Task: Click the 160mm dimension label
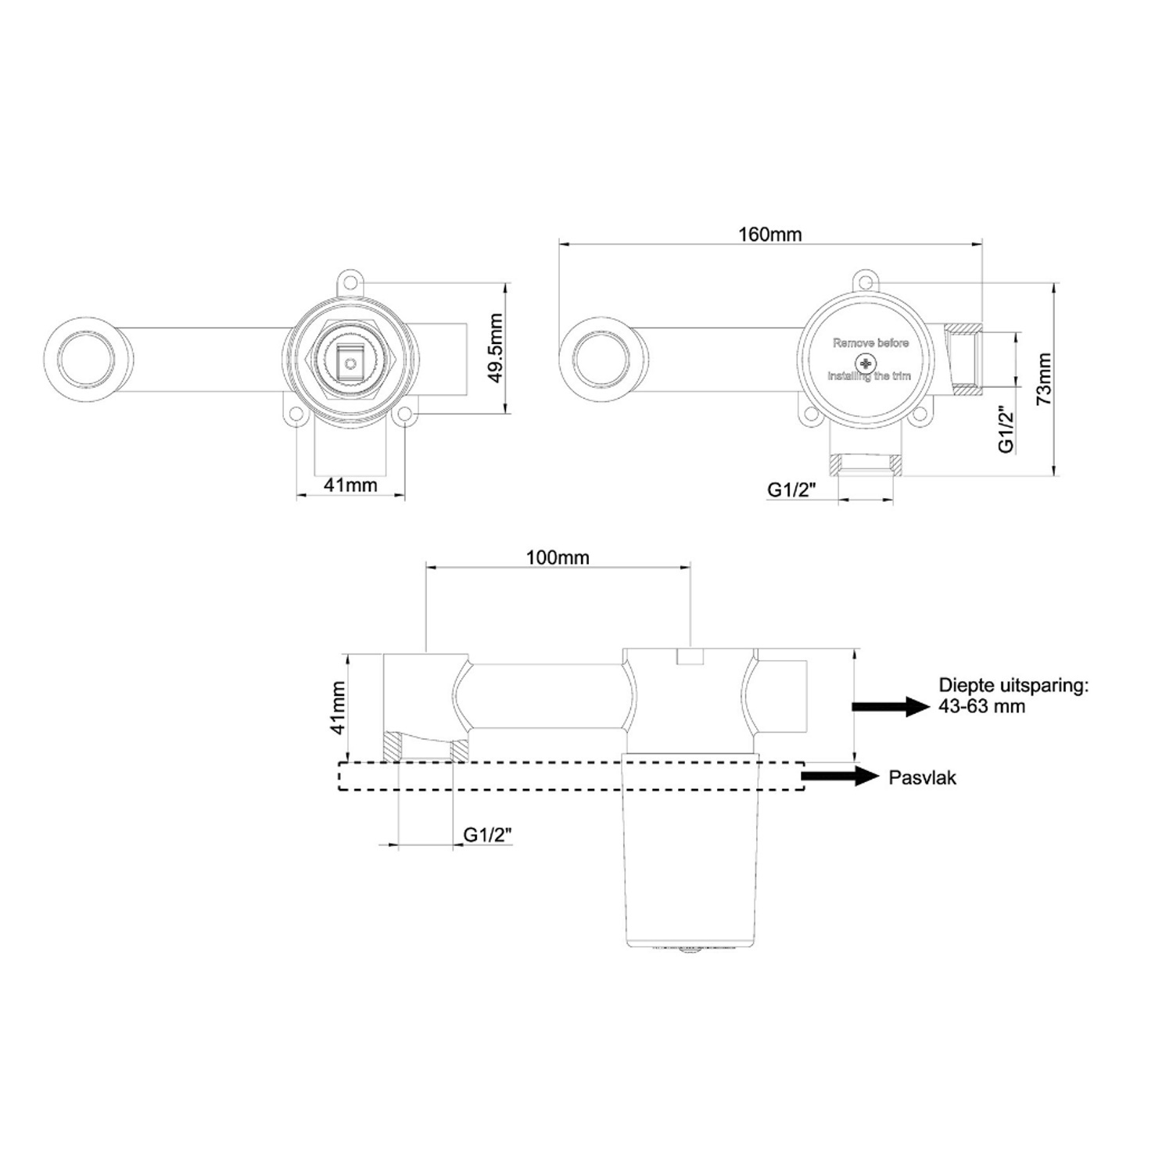point(769,234)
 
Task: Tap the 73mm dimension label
point(1043,379)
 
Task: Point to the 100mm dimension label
point(558,558)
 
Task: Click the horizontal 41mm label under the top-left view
point(350,485)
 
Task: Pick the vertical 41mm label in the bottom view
point(338,707)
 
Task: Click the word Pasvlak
point(922,777)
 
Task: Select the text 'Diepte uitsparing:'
point(1013,686)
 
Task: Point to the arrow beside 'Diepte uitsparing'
point(888,706)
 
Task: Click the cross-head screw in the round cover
point(865,363)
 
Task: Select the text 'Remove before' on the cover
point(870,343)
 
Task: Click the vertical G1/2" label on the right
point(1006,431)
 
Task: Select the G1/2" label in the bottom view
point(487,834)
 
